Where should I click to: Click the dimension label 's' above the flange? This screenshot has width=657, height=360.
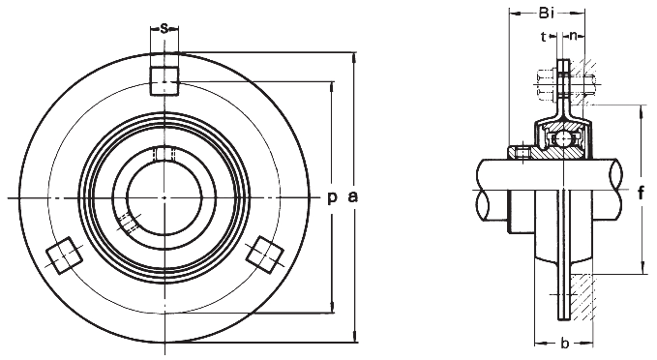(x=164, y=28)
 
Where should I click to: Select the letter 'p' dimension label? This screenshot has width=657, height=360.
(x=331, y=197)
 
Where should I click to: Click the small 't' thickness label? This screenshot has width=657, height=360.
(x=544, y=37)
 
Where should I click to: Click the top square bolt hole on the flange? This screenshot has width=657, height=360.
(x=164, y=80)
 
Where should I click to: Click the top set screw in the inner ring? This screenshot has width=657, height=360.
(x=164, y=154)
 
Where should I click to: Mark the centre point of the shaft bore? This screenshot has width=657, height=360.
(x=164, y=197)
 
